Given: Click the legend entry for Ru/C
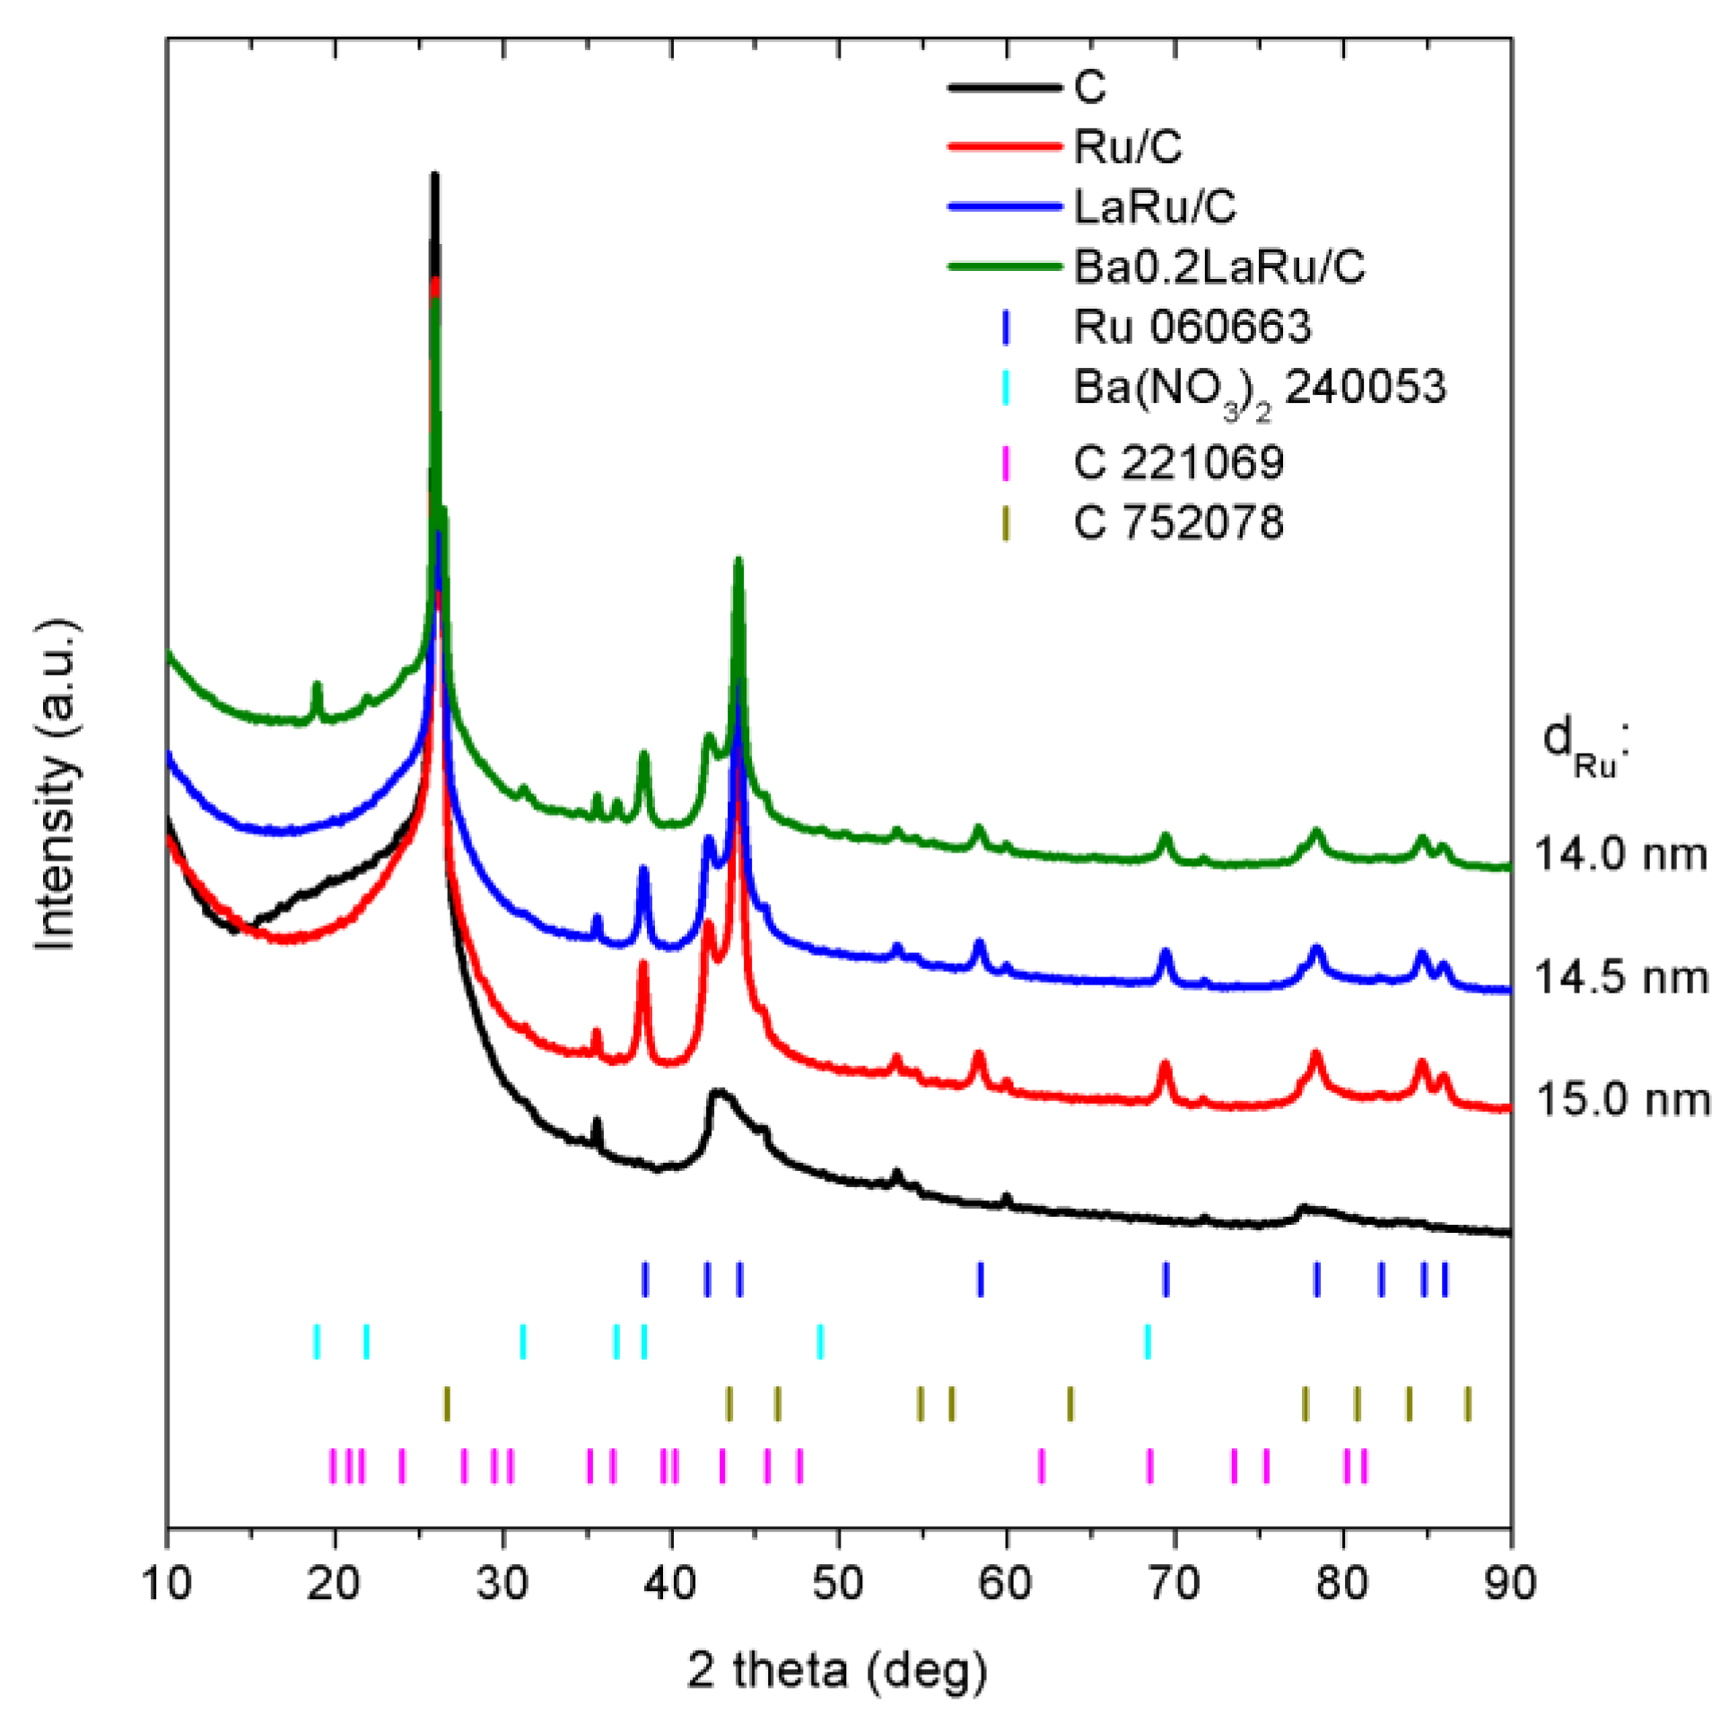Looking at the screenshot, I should tap(1127, 147).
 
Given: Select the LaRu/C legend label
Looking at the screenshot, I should tap(1154, 207).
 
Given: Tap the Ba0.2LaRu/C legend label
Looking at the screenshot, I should tap(1218, 267).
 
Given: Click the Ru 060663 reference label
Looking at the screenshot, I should tap(1192, 327).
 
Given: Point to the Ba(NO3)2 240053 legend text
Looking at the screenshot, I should tap(1259, 389).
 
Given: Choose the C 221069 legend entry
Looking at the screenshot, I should tap(1178, 463).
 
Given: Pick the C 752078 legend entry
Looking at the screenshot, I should tap(1178, 522).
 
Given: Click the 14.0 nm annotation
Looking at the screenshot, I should tap(1620, 853).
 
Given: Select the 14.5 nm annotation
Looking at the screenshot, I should tap(1620, 976).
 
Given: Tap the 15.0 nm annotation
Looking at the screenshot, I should tap(1622, 1099).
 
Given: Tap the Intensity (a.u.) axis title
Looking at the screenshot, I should tap(56, 784).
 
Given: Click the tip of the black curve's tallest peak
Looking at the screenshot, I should tap(435, 175).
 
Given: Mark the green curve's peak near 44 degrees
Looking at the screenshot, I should tap(738, 561).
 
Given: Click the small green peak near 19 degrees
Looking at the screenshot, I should tap(316, 686).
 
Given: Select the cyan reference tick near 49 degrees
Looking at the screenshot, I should tap(820, 1342).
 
